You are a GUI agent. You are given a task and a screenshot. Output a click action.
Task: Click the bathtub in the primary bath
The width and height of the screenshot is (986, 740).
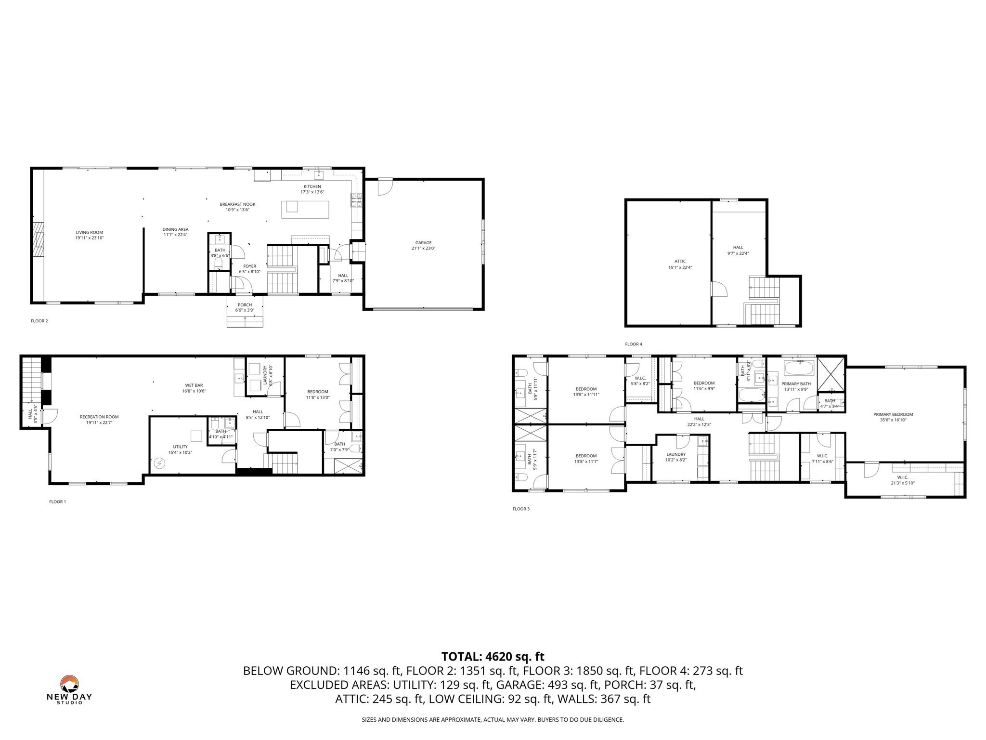point(799,369)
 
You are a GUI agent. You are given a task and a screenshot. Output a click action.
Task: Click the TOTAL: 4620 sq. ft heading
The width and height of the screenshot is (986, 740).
point(493,656)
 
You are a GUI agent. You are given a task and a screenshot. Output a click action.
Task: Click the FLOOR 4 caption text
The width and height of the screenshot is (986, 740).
point(633,344)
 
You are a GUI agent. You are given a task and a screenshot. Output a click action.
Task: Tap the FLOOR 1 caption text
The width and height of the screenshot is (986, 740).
point(57,502)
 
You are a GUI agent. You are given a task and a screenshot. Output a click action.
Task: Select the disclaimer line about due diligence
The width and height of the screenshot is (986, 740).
point(493,720)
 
